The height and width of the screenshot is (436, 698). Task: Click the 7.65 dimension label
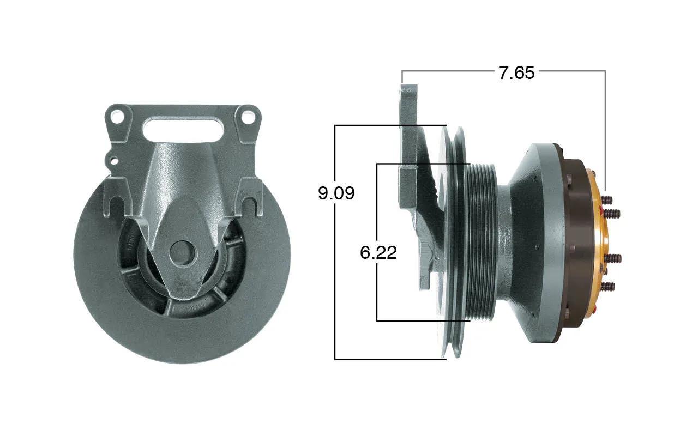(516, 73)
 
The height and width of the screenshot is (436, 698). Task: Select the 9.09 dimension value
(336, 193)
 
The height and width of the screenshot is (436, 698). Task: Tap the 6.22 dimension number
(378, 252)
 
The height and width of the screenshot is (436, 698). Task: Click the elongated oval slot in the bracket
(183, 130)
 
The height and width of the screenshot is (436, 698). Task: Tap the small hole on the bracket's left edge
(115, 161)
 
